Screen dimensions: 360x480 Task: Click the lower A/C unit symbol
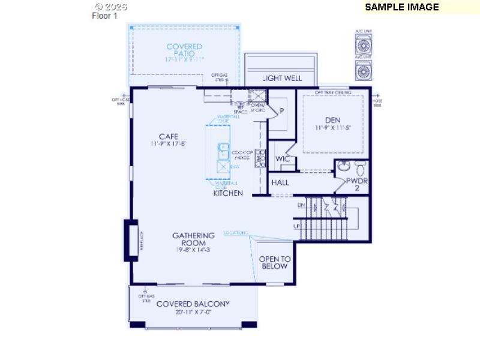pyautogui.click(x=364, y=71)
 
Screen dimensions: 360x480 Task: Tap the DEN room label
pyautogui.click(x=333, y=120)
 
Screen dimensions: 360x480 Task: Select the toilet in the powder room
pyautogui.click(x=360, y=166)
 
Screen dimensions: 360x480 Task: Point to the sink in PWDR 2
pyautogui.click(x=344, y=166)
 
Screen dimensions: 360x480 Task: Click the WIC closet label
pyautogui.click(x=283, y=159)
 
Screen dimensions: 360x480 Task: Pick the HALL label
pyautogui.click(x=280, y=182)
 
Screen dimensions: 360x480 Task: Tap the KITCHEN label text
pyautogui.click(x=228, y=193)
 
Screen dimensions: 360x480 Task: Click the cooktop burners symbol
pyautogui.click(x=260, y=158)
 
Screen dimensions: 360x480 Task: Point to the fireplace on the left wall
pyautogui.click(x=131, y=241)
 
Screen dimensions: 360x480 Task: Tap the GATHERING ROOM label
pyautogui.click(x=193, y=239)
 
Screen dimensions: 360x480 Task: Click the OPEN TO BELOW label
pyautogui.click(x=274, y=262)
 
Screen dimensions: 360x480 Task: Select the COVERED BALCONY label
pyautogui.click(x=193, y=304)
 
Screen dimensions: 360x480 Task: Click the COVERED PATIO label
pyautogui.click(x=184, y=50)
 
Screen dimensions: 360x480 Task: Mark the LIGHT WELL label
pyautogui.click(x=282, y=79)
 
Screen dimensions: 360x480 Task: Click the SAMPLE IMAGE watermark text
pyautogui.click(x=401, y=7)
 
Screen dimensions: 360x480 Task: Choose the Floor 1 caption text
pyautogui.click(x=104, y=16)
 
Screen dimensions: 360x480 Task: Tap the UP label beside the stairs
pyautogui.click(x=296, y=227)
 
